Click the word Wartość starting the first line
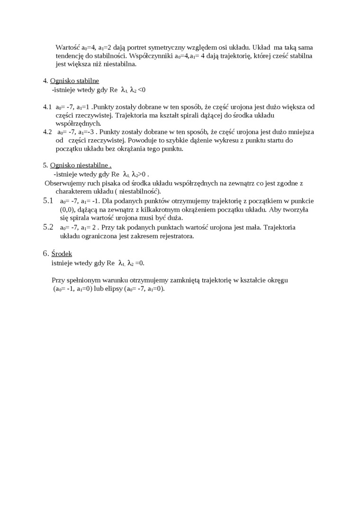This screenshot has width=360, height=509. click(x=68, y=47)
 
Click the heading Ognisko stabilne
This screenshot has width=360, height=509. click(x=74, y=81)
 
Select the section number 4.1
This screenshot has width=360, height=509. click(x=47, y=107)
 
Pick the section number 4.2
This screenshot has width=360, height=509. click(x=47, y=132)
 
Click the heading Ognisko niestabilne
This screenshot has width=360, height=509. click(x=80, y=165)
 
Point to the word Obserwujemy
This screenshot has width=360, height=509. click(x=65, y=183)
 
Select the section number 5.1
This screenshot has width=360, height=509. click(x=48, y=201)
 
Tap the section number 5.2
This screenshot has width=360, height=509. click(x=48, y=227)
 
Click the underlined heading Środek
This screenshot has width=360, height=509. click(x=62, y=254)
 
